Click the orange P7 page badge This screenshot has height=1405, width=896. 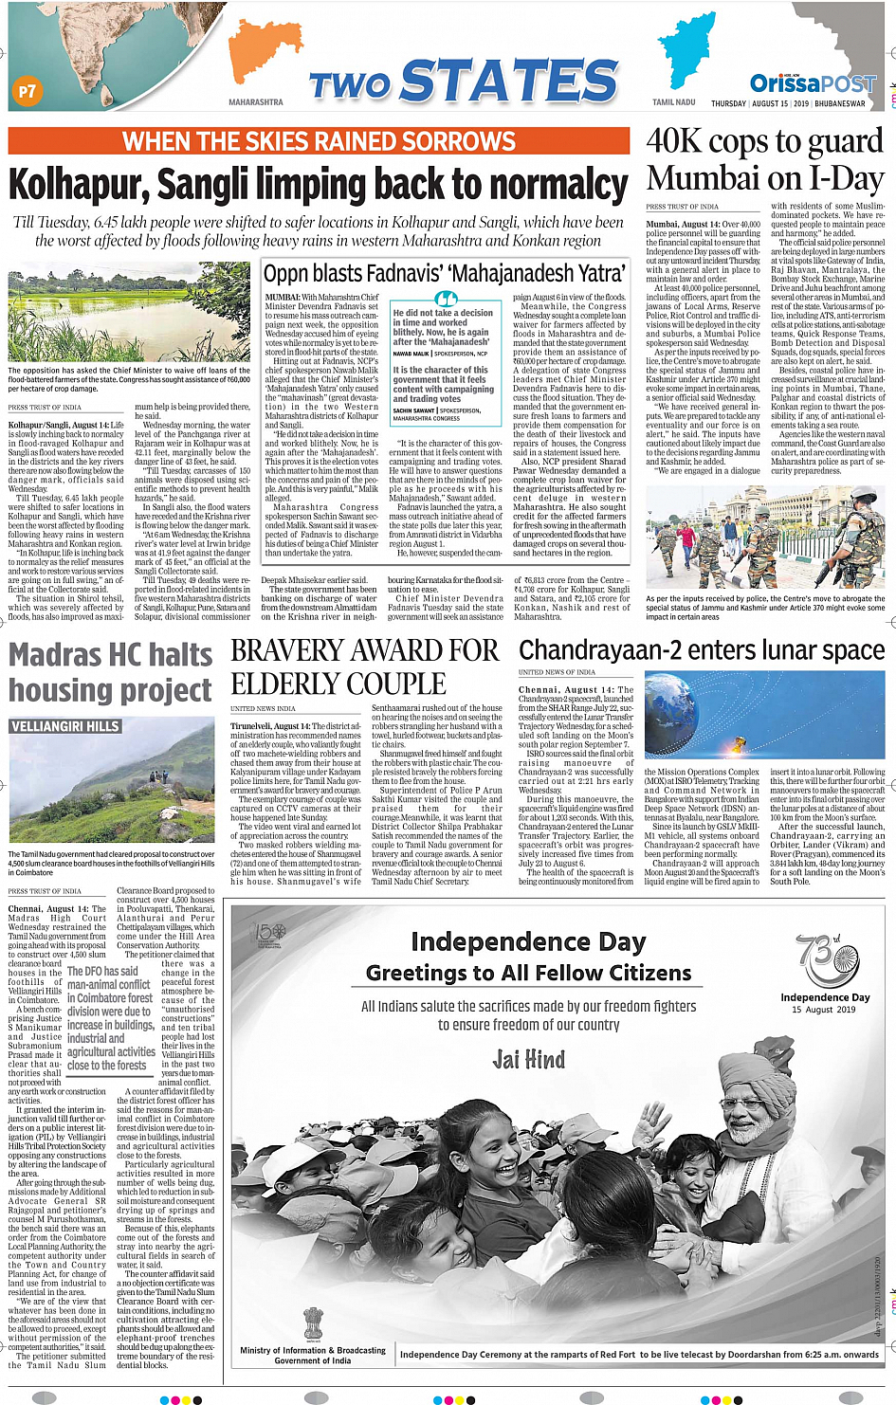click(x=27, y=92)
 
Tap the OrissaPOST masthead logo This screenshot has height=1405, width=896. click(x=813, y=83)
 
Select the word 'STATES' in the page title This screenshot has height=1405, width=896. click(x=510, y=82)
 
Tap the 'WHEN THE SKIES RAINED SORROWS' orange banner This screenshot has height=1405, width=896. click(x=319, y=142)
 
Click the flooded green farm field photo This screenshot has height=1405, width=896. click(x=129, y=314)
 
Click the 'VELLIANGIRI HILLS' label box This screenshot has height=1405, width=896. click(x=65, y=726)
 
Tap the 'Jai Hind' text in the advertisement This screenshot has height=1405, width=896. click(x=528, y=1059)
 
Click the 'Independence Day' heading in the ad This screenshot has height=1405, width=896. click(x=528, y=941)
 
